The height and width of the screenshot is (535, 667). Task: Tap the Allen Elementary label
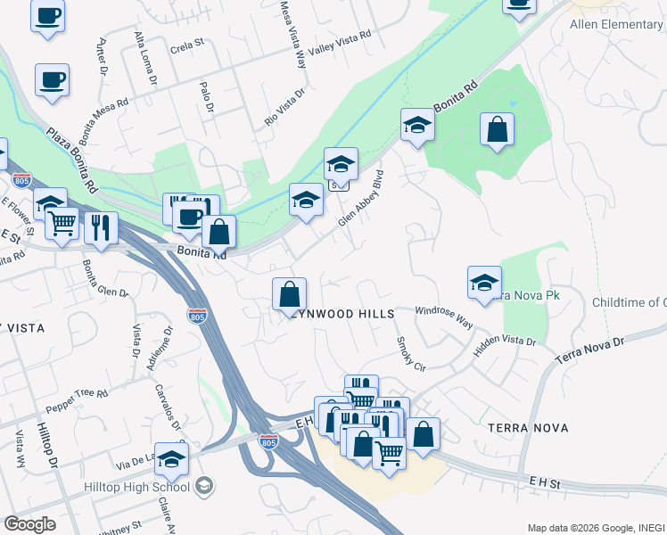616,24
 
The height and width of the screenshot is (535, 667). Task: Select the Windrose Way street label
443,316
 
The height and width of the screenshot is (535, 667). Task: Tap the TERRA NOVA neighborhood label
528,429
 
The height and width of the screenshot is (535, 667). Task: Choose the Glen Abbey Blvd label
360,197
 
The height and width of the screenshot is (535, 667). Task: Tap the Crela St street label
186,42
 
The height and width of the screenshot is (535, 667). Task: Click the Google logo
29,524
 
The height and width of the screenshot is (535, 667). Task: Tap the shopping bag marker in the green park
497,129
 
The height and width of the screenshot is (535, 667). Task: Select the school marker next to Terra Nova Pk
484,283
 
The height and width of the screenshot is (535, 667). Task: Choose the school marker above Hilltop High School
171,458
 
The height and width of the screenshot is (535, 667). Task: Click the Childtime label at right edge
629,302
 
